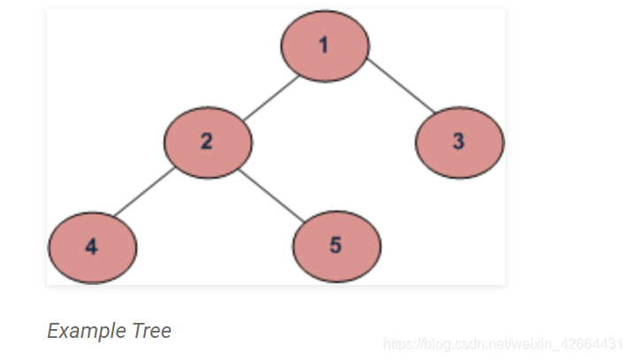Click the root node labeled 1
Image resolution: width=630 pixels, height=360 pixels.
coord(324,45)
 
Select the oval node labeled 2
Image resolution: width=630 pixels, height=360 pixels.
coord(207,142)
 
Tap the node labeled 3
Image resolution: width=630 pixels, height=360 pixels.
coord(458,142)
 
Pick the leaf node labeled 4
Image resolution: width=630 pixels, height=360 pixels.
coord(92,246)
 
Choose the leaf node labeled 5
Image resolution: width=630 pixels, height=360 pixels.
coord(336,246)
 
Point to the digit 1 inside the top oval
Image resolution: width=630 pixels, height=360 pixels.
coord(324,45)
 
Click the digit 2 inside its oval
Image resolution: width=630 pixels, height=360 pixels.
coord(206,142)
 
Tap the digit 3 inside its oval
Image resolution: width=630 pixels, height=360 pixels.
coord(458,142)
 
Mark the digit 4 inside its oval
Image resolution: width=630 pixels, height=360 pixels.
coord(92,246)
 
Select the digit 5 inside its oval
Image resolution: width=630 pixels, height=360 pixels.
coord(335,246)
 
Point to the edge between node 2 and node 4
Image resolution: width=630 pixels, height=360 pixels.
coord(142,193)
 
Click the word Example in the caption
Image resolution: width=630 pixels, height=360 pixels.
coord(86,332)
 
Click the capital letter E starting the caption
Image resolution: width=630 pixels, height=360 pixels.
coord(52,331)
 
